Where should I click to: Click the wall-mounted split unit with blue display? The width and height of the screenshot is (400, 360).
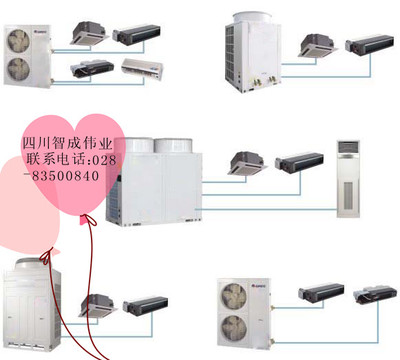pyautogui.click(x=142, y=69)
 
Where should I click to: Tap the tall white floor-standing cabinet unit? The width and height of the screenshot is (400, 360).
pyautogui.click(x=348, y=179)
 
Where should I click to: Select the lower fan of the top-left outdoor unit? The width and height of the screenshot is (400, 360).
pyautogui.click(x=19, y=69)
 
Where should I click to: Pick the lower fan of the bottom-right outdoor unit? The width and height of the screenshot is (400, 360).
pyautogui.click(x=235, y=328)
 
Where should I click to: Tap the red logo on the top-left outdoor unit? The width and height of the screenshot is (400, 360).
pyautogui.click(x=39, y=32)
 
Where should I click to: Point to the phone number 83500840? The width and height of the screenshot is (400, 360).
pyautogui.click(x=66, y=176)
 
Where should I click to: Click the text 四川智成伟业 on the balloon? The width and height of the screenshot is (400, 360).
pyautogui.click(x=67, y=143)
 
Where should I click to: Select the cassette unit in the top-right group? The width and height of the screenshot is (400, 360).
pyautogui.click(x=318, y=45)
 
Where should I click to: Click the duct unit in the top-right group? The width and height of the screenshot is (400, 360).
pyautogui.click(x=369, y=44)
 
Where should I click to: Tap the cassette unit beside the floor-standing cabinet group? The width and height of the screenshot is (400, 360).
pyautogui.click(x=248, y=163)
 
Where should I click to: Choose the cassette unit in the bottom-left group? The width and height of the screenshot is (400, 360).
pyautogui.click(x=98, y=305)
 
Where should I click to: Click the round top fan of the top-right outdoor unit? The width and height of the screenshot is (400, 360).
pyautogui.click(x=252, y=17)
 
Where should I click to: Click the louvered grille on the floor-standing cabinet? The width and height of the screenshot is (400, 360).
pyautogui.click(x=348, y=195)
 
